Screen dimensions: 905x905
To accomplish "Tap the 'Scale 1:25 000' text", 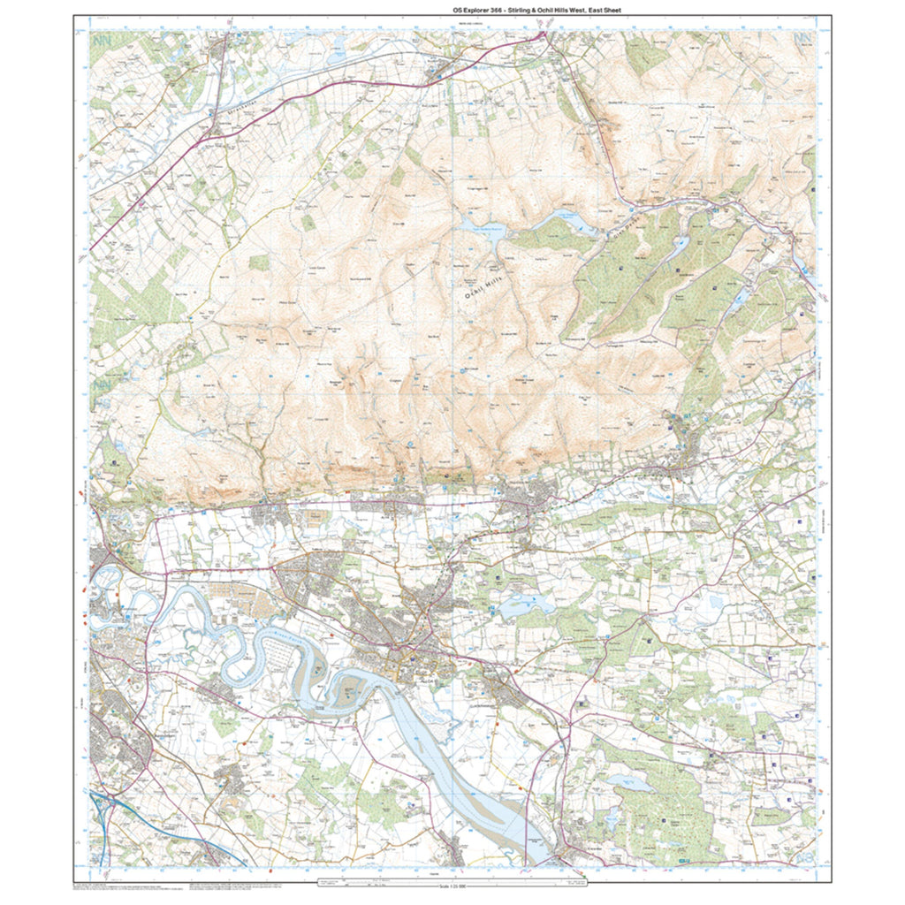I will tap(452, 886).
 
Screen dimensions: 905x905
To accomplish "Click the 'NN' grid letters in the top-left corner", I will tap(101, 41).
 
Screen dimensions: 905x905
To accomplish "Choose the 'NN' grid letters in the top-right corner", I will tap(802, 41).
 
